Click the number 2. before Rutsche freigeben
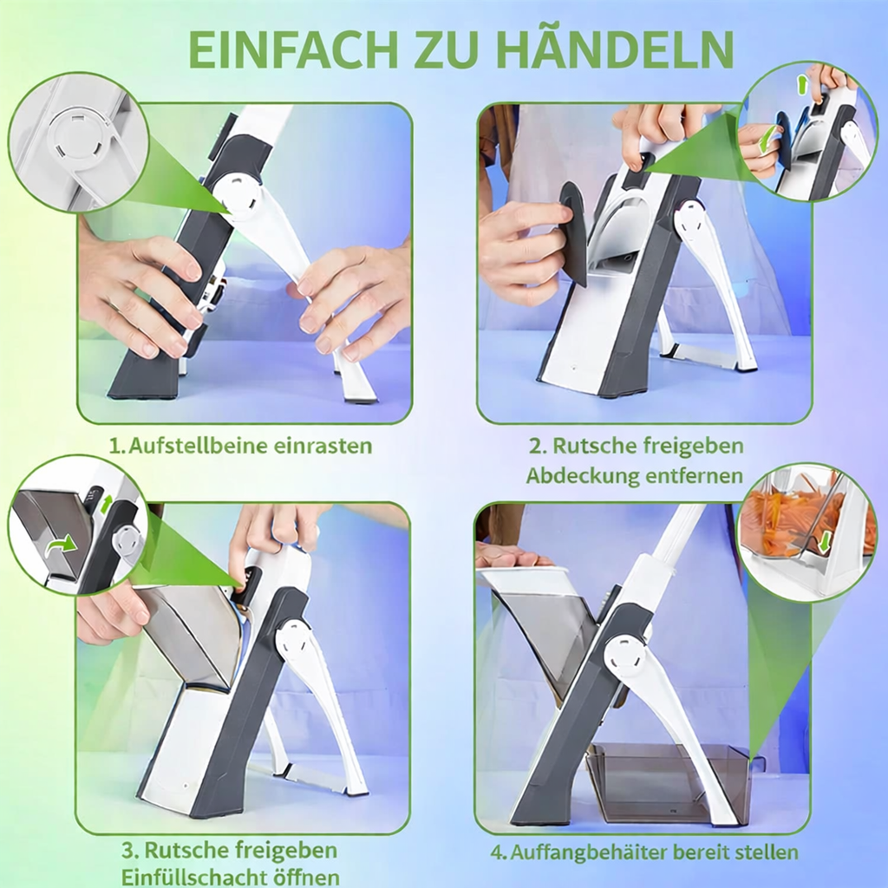538,447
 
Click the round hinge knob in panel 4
624,656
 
